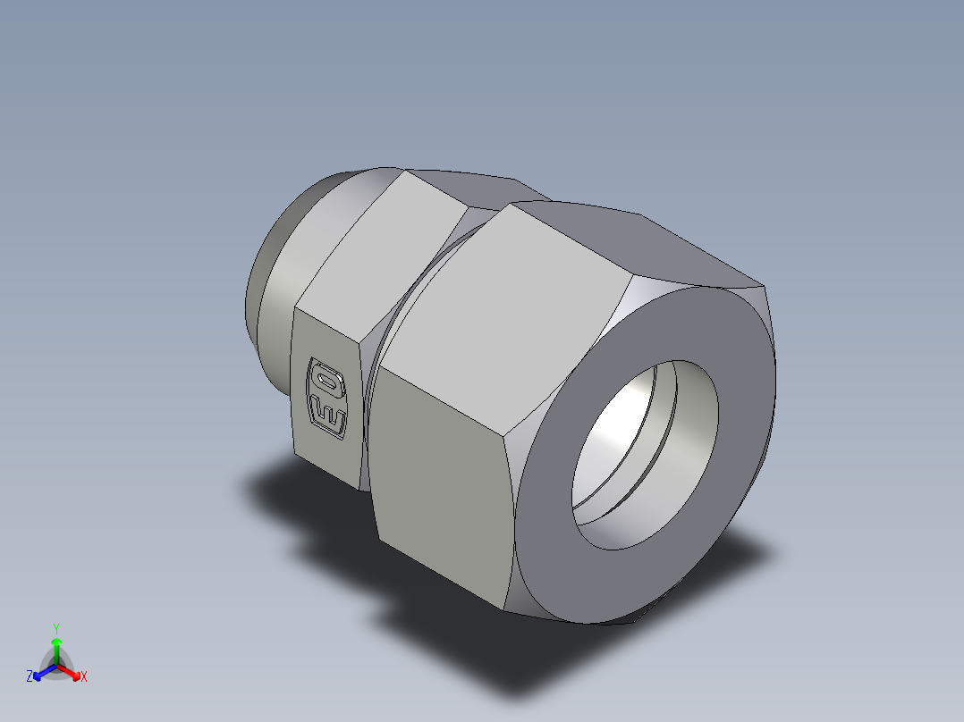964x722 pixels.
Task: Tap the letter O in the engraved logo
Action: point(327,378)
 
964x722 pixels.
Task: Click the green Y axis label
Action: point(55,628)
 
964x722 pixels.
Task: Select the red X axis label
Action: point(84,677)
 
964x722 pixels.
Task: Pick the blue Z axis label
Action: point(30,677)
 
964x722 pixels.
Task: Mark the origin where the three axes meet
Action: point(56,666)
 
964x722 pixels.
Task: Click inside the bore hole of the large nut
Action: point(626,447)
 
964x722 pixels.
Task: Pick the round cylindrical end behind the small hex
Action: point(268,295)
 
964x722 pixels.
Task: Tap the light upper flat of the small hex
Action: point(376,259)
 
